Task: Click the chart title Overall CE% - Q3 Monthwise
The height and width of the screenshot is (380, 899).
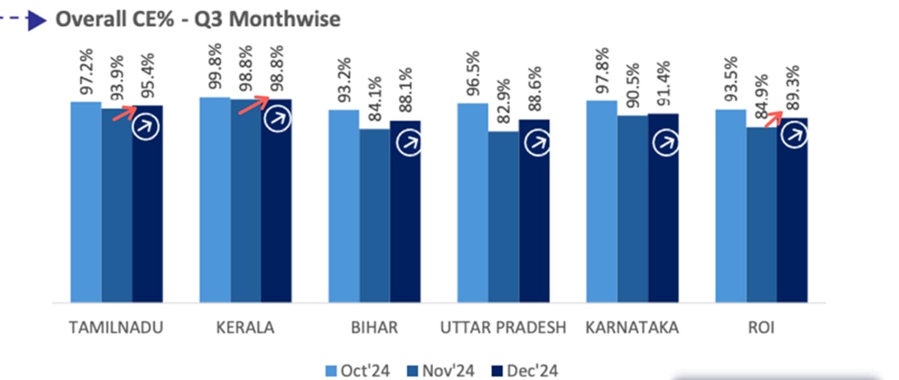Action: [198, 19]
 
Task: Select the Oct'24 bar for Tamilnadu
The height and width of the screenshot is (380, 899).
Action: [86, 202]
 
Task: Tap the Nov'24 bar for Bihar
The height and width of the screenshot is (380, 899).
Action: [375, 216]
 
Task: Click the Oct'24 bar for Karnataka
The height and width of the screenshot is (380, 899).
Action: [602, 202]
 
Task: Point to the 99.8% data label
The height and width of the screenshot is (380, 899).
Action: [215, 66]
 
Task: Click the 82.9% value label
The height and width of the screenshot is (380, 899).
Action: [503, 101]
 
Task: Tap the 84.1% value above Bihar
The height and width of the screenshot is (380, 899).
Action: [375, 99]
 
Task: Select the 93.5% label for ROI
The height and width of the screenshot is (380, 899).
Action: [730, 79]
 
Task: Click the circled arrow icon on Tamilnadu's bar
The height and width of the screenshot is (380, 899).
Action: [146, 127]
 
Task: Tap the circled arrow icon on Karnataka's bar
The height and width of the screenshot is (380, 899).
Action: [666, 143]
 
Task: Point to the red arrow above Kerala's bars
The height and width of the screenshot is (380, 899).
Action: [254, 104]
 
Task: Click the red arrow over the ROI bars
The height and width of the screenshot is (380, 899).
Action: [773, 118]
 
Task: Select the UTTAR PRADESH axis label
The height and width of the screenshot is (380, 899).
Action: [503, 328]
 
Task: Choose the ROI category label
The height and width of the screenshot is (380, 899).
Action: [761, 328]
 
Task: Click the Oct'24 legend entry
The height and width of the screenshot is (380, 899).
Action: [358, 371]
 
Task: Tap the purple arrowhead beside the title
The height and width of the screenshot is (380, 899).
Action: [37, 21]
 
